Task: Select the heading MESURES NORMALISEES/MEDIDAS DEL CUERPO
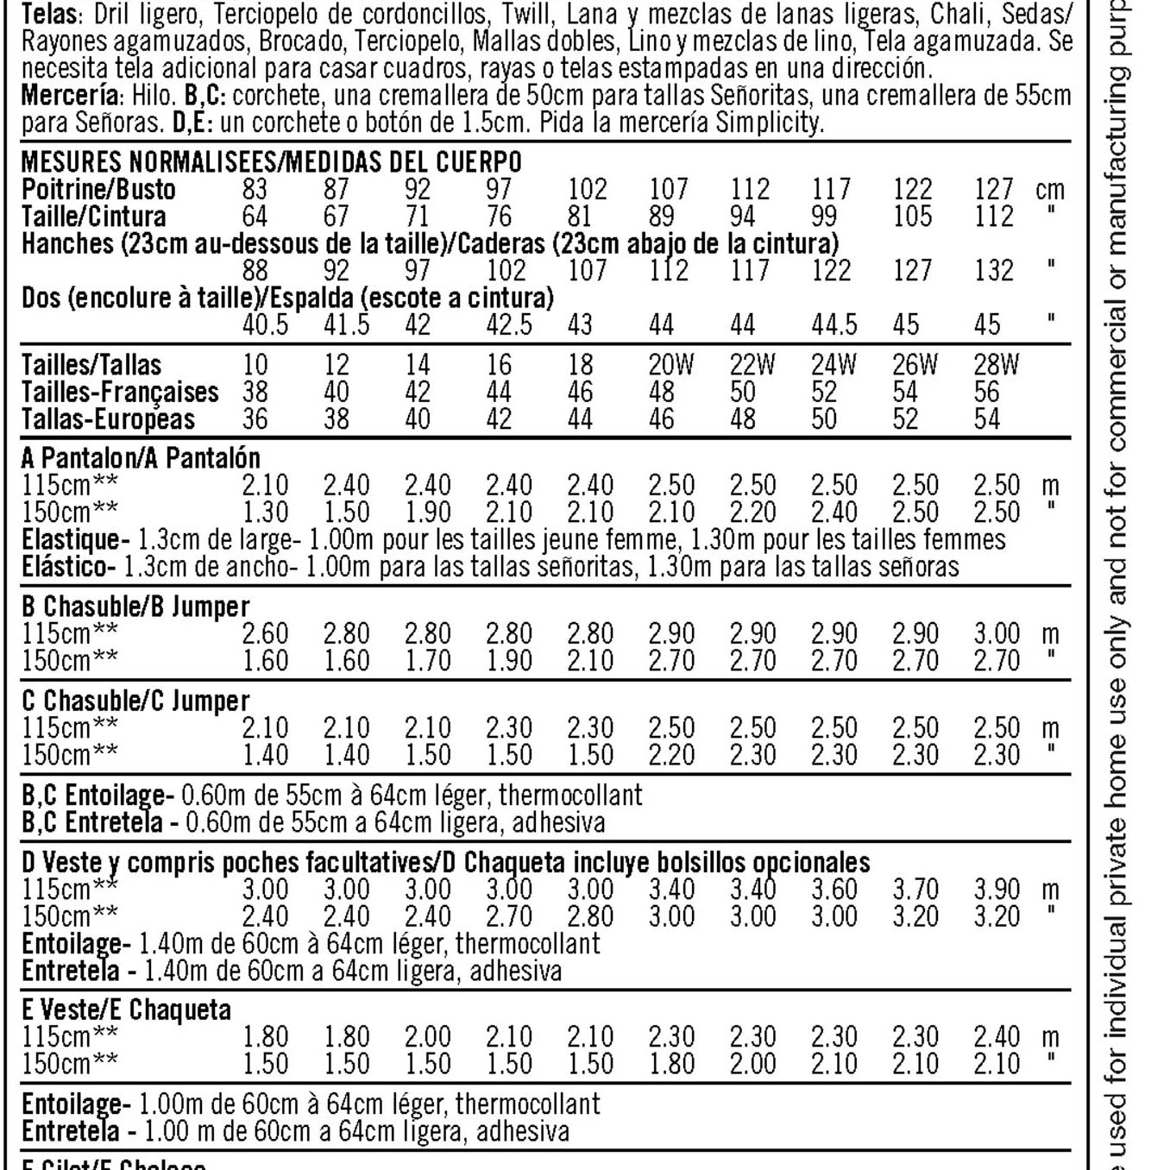coord(271,161)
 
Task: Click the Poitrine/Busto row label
coord(98,189)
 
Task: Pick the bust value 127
coord(994,189)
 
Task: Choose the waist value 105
coord(913,216)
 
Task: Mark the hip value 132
coord(994,270)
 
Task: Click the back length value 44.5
coord(833,324)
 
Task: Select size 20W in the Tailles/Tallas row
coord(670,365)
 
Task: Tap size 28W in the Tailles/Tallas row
coord(996,365)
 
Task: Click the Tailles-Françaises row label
coord(120,392)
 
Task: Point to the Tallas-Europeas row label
coord(108,419)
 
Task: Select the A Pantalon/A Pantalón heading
coord(141,457)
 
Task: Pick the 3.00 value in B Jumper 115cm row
coord(997,633)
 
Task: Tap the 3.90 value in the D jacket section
coord(997,889)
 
